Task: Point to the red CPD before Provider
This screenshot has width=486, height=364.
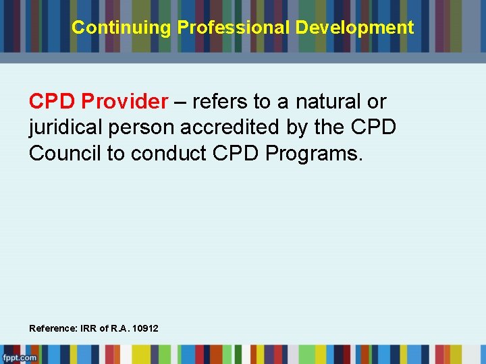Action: [x=53, y=102]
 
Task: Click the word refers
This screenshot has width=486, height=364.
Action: [x=220, y=102]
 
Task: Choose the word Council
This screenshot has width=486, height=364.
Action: [x=65, y=153]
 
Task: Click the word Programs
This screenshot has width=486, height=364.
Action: [x=314, y=153]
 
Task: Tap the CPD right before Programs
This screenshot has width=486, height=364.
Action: [x=236, y=153]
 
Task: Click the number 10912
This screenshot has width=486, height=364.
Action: [x=146, y=328]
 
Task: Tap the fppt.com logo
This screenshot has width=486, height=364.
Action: [x=19, y=357]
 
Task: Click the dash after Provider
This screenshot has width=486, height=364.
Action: [x=180, y=102]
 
